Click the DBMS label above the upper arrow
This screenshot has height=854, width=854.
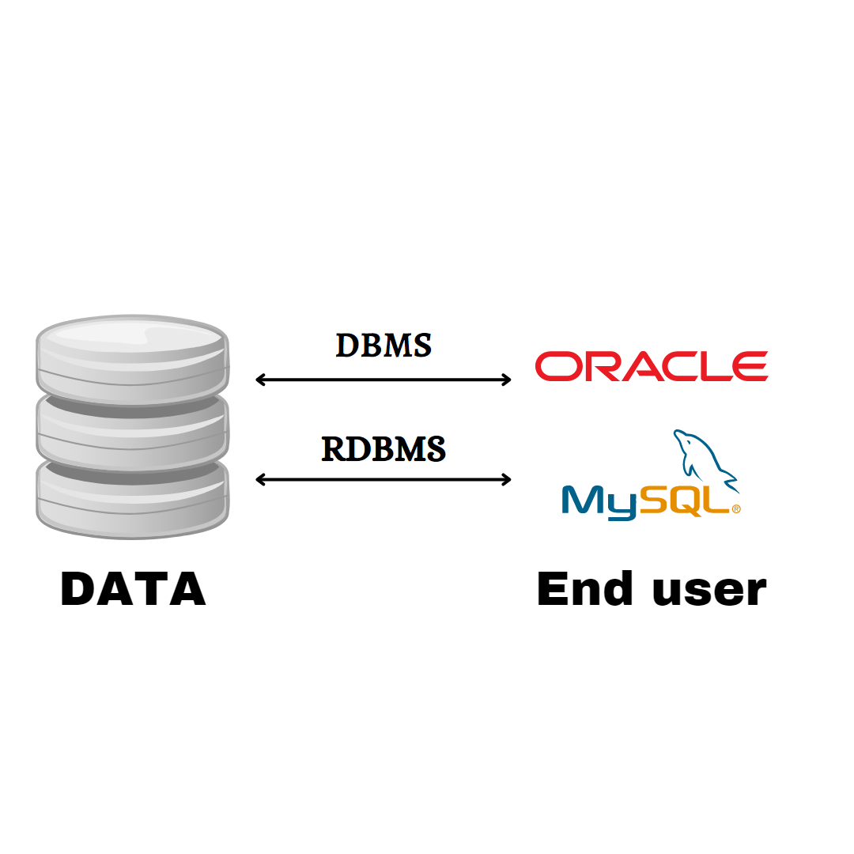[384, 346]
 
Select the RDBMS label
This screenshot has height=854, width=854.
[384, 448]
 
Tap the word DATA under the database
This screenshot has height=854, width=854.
[133, 590]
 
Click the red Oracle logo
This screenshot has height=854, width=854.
[651, 367]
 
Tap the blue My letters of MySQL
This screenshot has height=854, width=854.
[599, 501]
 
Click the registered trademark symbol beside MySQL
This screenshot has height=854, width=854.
[736, 510]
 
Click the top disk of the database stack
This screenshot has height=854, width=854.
[133, 356]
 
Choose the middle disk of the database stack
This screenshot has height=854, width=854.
[133, 431]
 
